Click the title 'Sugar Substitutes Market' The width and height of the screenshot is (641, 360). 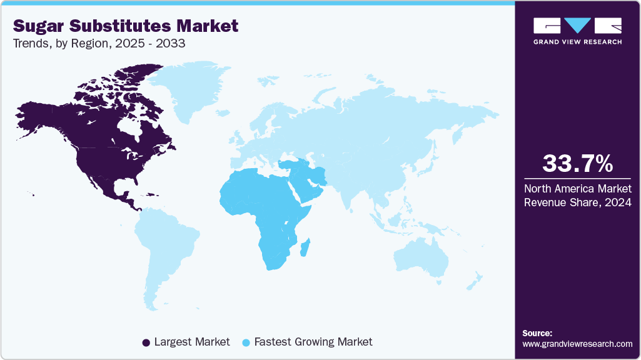pyautogui.click(x=126, y=26)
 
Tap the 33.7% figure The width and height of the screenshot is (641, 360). pyautogui.click(x=577, y=164)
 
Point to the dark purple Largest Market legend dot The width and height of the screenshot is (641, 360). pyautogui.click(x=146, y=342)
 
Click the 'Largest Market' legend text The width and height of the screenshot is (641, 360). pyautogui.click(x=191, y=342)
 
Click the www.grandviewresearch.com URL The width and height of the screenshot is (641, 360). pyautogui.click(x=577, y=344)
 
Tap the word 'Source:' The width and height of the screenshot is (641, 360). pyautogui.click(x=537, y=333)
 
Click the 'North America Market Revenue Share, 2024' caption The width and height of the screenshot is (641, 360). pyautogui.click(x=577, y=194)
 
